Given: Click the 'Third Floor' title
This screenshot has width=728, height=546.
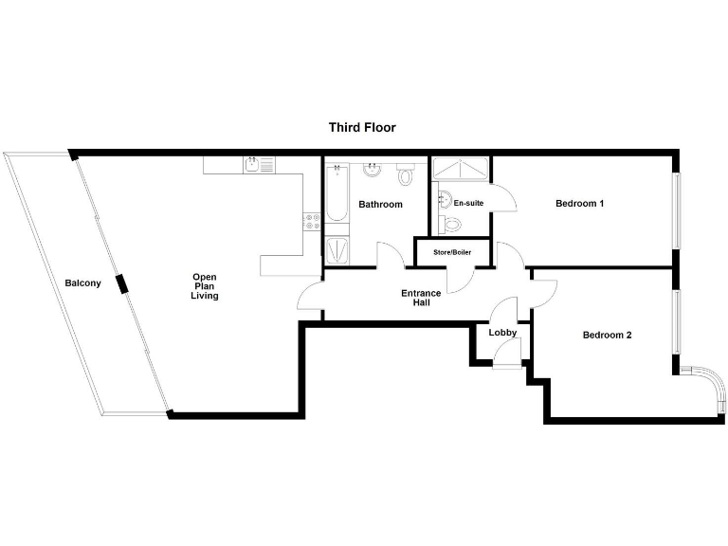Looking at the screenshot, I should [x=362, y=127].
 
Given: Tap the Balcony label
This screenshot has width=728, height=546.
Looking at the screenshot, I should [x=83, y=283].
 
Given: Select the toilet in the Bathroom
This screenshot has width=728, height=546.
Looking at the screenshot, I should [x=406, y=173].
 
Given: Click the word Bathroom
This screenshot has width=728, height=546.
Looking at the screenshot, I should [x=380, y=205].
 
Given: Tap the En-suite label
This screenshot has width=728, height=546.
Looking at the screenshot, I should [x=468, y=204].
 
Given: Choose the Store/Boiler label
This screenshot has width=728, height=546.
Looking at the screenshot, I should [x=452, y=253].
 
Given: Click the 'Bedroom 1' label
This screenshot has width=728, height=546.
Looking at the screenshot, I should [x=579, y=204].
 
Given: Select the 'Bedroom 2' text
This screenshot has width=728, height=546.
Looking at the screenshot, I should [x=607, y=335].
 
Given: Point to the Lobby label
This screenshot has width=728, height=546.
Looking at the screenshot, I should [x=502, y=333].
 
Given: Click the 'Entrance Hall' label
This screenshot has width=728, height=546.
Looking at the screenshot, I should [x=421, y=298].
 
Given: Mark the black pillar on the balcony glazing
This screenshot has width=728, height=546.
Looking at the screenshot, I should [x=120, y=283].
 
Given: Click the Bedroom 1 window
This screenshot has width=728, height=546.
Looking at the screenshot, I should [x=677, y=210].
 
